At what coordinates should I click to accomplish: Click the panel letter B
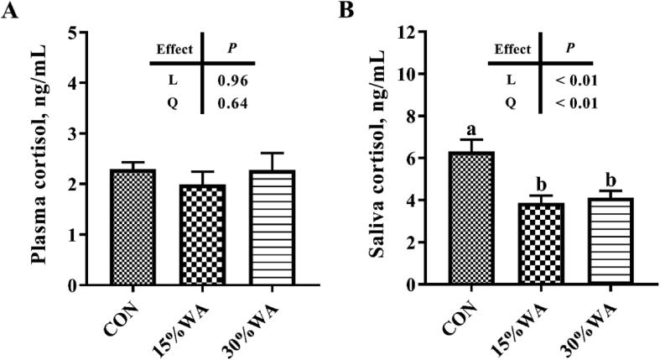[345, 11]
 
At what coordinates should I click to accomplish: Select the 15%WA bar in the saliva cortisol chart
[528, 244]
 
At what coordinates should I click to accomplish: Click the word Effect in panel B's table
[512, 49]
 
